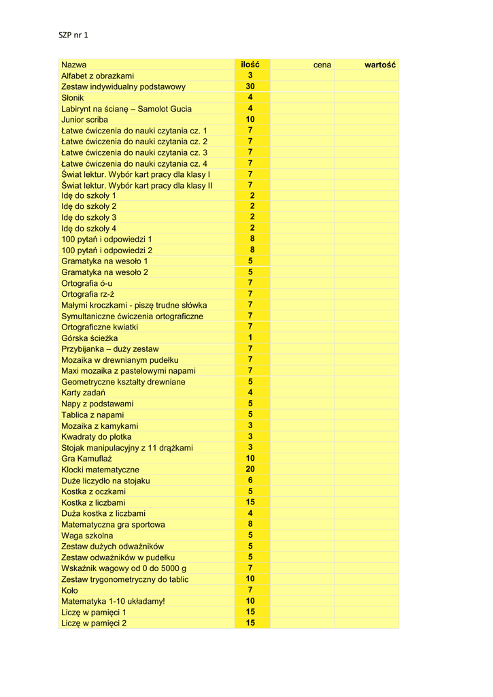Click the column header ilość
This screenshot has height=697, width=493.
[x=250, y=65]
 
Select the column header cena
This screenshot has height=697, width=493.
[x=322, y=65]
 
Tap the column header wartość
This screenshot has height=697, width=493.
[x=380, y=65]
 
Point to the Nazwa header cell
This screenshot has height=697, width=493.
[x=74, y=65]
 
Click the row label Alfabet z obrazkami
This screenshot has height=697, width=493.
[x=97, y=76]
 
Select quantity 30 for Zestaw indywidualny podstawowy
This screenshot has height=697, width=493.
[x=250, y=86]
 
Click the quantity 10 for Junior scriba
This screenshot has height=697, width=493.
[x=250, y=119]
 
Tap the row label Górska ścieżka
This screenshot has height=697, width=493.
[x=89, y=338]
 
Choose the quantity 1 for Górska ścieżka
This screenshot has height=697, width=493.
[x=250, y=338]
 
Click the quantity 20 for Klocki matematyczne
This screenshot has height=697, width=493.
[x=250, y=469]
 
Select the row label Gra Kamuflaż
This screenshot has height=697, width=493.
[x=86, y=458]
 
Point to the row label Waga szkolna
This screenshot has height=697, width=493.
[x=87, y=535]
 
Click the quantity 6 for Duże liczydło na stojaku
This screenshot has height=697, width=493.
[x=250, y=480]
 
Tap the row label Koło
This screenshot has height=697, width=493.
[x=69, y=590]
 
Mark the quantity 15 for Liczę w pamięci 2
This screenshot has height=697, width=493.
[x=250, y=623]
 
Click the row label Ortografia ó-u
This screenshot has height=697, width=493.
[x=87, y=283]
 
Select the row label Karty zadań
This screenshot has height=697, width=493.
[x=83, y=393]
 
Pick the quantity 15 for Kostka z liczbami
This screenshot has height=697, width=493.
[x=250, y=502]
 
